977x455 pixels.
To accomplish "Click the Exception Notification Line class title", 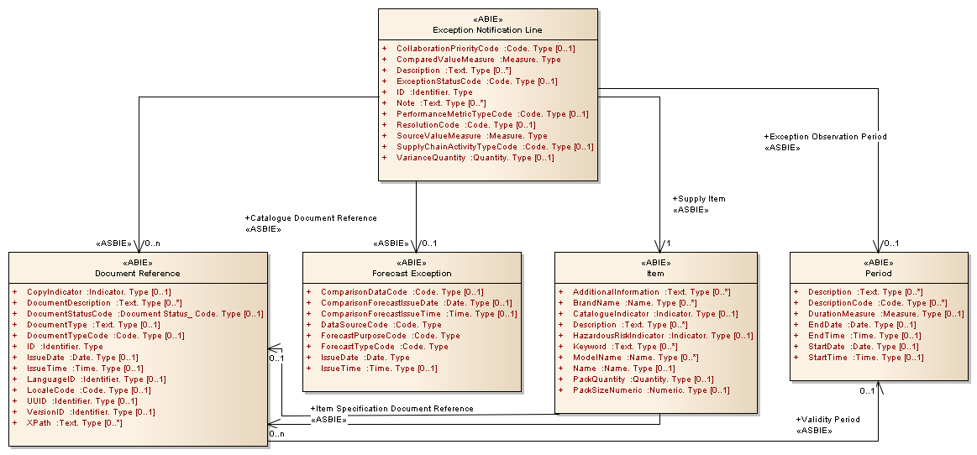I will click(x=487, y=30).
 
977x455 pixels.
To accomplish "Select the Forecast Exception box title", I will click(x=412, y=273).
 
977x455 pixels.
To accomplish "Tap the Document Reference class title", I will click(x=137, y=273).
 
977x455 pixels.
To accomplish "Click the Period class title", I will click(x=878, y=273).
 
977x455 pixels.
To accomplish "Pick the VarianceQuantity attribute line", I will click(x=475, y=158).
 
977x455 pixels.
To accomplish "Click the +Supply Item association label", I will click(x=699, y=199).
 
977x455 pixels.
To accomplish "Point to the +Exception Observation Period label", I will click(x=825, y=136).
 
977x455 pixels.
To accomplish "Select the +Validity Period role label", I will click(x=827, y=420).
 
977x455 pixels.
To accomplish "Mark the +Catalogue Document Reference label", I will click(x=311, y=218).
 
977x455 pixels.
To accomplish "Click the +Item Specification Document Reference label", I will click(x=391, y=409).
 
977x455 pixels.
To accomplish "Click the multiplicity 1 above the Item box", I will click(x=668, y=244).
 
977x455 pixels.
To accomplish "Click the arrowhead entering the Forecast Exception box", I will click(x=416, y=247).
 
